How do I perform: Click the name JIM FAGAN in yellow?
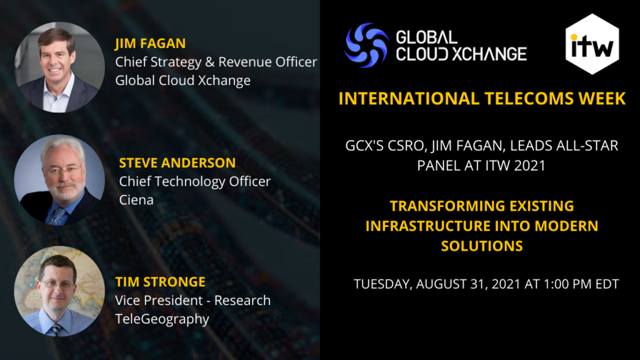coord(150,43)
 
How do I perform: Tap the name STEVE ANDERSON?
coord(177,163)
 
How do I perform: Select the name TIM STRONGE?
coord(160,282)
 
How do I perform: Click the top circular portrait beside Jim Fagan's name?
coord(59,67)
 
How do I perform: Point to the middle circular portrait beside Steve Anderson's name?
coord(59,180)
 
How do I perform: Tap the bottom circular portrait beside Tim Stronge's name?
coord(59,291)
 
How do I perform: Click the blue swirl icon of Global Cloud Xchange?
coord(366,45)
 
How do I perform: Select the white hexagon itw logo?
coord(592,44)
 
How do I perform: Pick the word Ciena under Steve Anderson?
coord(136,200)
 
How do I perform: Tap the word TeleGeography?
coord(162,319)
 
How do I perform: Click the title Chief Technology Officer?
coord(195,181)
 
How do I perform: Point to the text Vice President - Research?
coord(192,301)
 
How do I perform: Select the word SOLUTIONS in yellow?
coord(482,246)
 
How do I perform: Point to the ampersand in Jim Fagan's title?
coord(210,62)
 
